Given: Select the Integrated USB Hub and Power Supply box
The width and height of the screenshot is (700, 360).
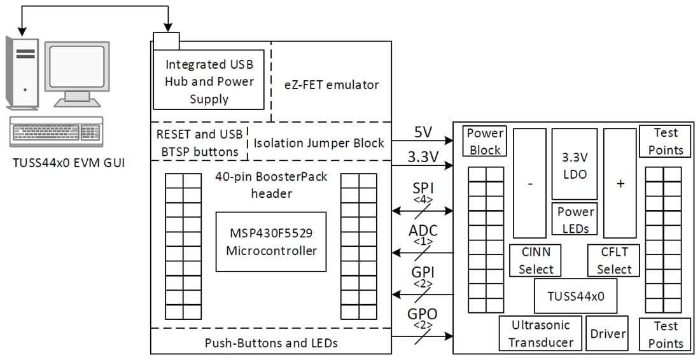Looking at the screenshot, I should point(209,82).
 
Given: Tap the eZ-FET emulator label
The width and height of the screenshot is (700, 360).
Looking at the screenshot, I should point(332,84).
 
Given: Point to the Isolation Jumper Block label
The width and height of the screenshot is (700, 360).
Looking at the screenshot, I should point(319,143).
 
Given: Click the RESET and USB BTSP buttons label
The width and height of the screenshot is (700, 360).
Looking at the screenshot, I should point(199,143).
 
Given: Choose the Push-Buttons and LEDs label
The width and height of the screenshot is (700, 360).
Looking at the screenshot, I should point(271,343).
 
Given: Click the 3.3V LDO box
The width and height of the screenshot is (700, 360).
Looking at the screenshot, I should point(575,165).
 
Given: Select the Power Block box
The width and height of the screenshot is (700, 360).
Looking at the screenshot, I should point(486,141).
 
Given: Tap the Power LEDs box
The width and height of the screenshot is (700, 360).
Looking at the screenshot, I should point(575,219).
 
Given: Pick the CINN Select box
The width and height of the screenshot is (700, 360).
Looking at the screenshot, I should point(535,260).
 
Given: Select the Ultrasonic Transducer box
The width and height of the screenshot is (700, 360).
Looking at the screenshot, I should point(541,333).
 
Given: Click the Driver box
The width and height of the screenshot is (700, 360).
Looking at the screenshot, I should point(608,333).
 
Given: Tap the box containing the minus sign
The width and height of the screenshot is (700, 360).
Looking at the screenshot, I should point(529,183).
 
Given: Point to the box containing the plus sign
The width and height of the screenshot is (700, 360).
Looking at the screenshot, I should point(620,183).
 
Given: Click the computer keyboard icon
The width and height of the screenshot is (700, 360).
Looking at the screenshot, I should point(56,132).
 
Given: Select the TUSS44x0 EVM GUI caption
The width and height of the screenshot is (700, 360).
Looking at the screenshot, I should point(69,163).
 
